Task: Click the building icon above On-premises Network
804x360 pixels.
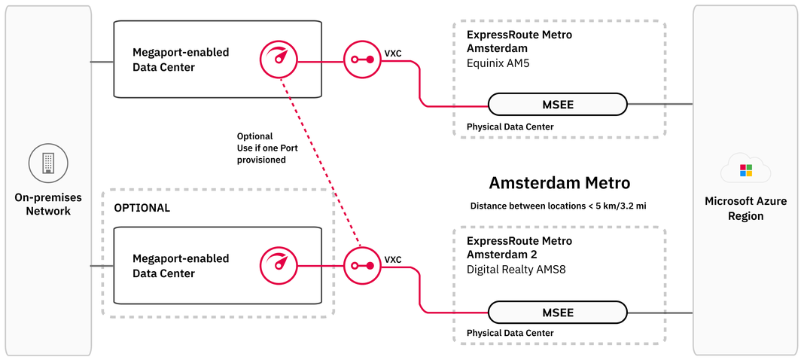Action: pyautogui.click(x=48, y=163)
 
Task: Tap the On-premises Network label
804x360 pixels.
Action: pyautogui.click(x=48, y=204)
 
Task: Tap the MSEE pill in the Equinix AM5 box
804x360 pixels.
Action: pyautogui.click(x=557, y=105)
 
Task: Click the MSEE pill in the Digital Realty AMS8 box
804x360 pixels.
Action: pyautogui.click(x=557, y=313)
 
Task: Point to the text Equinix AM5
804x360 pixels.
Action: pyautogui.click(x=498, y=64)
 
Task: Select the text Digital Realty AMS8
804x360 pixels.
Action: pyautogui.click(x=513, y=269)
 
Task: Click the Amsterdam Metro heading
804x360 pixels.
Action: pyautogui.click(x=559, y=183)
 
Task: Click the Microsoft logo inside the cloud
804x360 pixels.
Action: pyautogui.click(x=745, y=170)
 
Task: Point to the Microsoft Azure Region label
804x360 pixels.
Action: pyautogui.click(x=745, y=209)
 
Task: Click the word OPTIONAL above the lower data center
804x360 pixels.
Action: pyautogui.click(x=142, y=207)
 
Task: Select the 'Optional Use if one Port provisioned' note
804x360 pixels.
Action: pyautogui.click(x=261, y=148)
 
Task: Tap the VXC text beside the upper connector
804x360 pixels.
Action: pyautogui.click(x=393, y=53)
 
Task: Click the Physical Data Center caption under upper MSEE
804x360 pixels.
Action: pyautogui.click(x=510, y=127)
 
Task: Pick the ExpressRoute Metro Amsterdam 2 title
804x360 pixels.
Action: pyautogui.click(x=519, y=248)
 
